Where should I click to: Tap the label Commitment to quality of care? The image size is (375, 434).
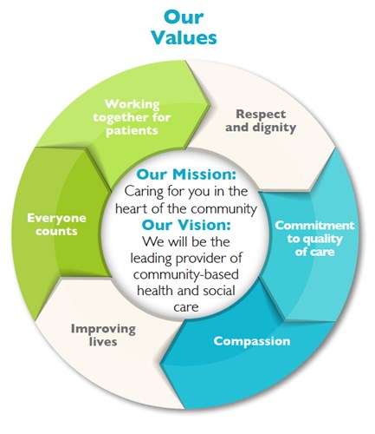[311, 239]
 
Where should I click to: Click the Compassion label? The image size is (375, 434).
[252, 341]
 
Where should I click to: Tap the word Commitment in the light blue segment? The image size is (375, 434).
[311, 226]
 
